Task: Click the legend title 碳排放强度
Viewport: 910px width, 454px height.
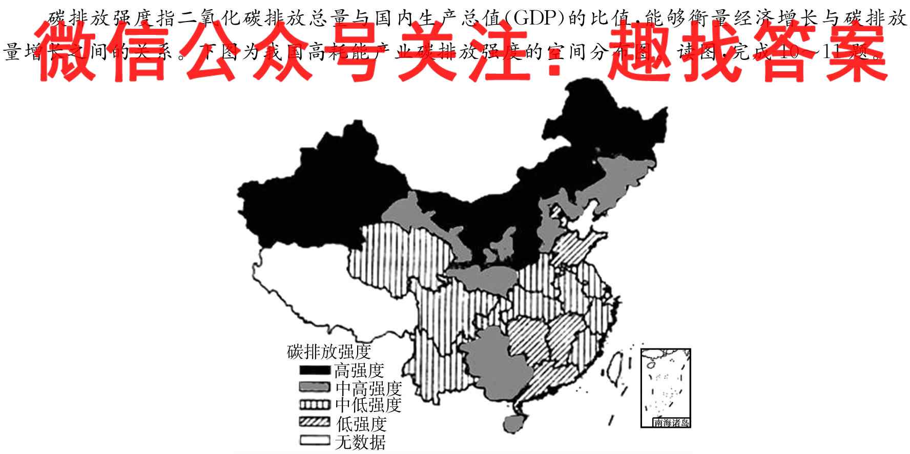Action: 328,352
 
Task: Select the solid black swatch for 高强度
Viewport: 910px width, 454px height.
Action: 314,370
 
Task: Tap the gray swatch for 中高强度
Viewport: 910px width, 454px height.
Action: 314,387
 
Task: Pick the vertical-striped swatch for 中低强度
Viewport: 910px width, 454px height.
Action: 314,405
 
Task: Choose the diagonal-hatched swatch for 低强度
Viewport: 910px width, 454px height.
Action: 314,422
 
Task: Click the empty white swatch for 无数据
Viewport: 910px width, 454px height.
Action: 314,440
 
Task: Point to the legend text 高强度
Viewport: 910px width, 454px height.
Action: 359,370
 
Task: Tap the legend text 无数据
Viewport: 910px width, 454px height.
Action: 360,441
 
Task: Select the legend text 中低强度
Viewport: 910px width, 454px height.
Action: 368,405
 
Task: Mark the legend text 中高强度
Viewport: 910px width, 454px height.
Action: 368,387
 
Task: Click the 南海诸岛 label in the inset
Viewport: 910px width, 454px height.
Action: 671,423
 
